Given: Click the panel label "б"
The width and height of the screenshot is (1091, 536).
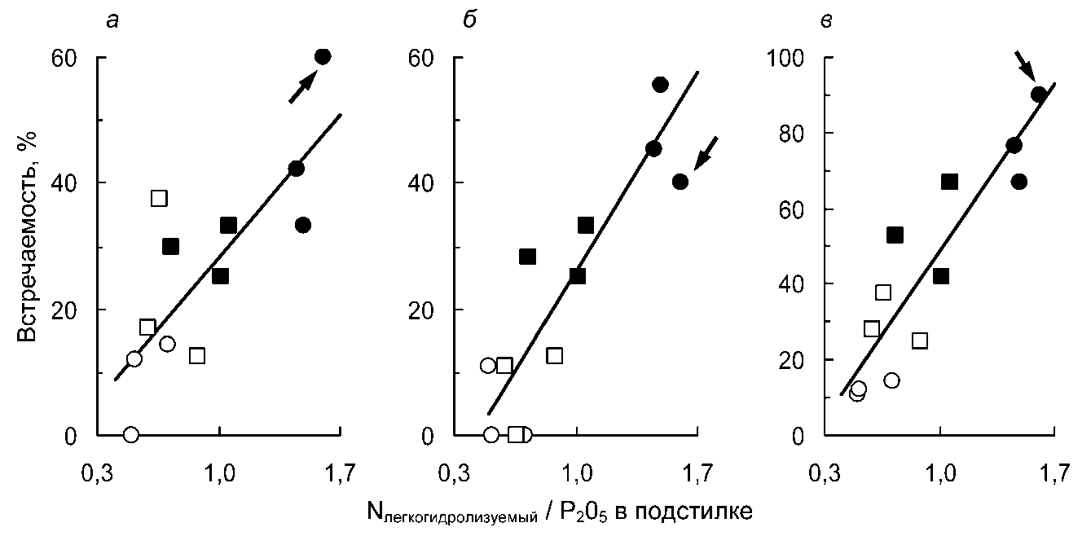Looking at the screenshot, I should [x=469, y=20].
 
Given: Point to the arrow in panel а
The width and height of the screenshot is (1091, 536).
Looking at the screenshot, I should [x=302, y=86].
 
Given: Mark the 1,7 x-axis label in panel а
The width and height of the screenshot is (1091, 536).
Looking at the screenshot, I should [x=340, y=471].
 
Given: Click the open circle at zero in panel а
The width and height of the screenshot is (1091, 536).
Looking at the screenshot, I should [x=131, y=434].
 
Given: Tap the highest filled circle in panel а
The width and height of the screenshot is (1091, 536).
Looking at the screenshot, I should [x=323, y=56].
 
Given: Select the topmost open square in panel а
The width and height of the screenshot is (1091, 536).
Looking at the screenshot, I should [x=159, y=198].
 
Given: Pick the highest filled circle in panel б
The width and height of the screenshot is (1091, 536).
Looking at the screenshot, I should [x=660, y=85].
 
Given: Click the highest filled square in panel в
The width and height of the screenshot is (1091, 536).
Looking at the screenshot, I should [x=949, y=182].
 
